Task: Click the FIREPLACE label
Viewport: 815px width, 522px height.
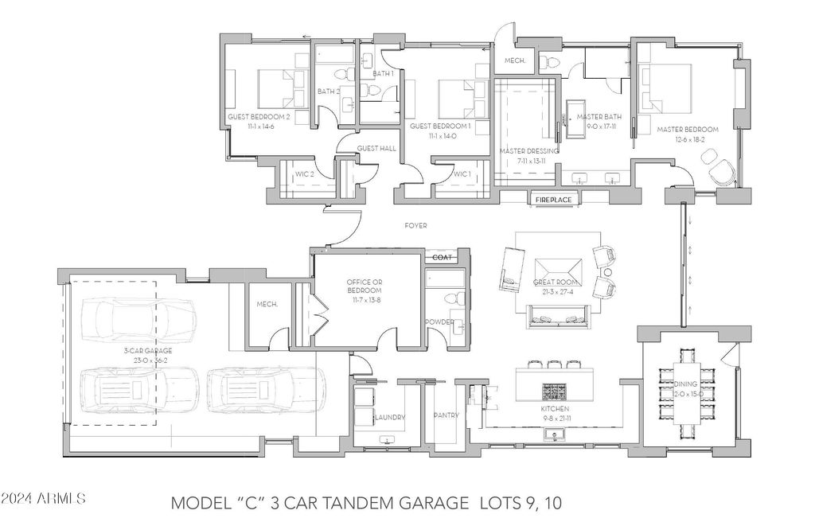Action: pos(553,200)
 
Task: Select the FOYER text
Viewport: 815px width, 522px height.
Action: pos(415,226)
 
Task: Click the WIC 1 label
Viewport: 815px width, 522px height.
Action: pos(461,174)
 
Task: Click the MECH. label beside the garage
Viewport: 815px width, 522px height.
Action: pos(266,304)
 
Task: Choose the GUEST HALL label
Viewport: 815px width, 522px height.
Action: pos(370,149)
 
